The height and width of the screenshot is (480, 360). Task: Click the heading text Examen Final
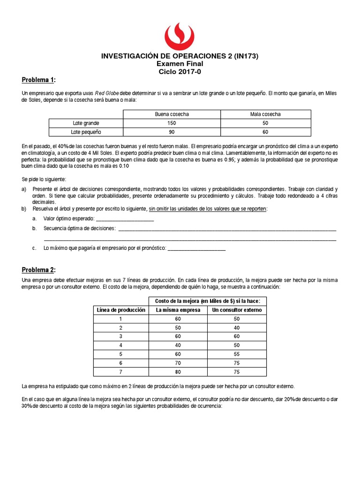[180, 64]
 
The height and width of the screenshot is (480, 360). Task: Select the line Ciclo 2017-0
[180, 72]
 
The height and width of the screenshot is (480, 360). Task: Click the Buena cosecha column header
[172, 114]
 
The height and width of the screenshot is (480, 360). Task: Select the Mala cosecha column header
[265, 114]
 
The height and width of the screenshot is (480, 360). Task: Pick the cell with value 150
[172, 123]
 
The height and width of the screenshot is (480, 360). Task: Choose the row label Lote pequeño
[86, 132]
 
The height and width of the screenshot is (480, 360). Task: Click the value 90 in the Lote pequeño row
[172, 132]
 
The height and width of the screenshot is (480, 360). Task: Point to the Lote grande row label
[86, 123]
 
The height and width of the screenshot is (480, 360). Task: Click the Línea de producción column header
[121, 310]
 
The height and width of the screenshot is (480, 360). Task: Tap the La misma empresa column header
[178, 310]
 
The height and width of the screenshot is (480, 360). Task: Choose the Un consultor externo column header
[237, 310]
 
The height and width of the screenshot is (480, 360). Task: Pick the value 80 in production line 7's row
[178, 372]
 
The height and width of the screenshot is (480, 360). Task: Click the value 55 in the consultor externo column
[237, 354]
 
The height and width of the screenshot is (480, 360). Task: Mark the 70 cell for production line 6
[178, 363]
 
